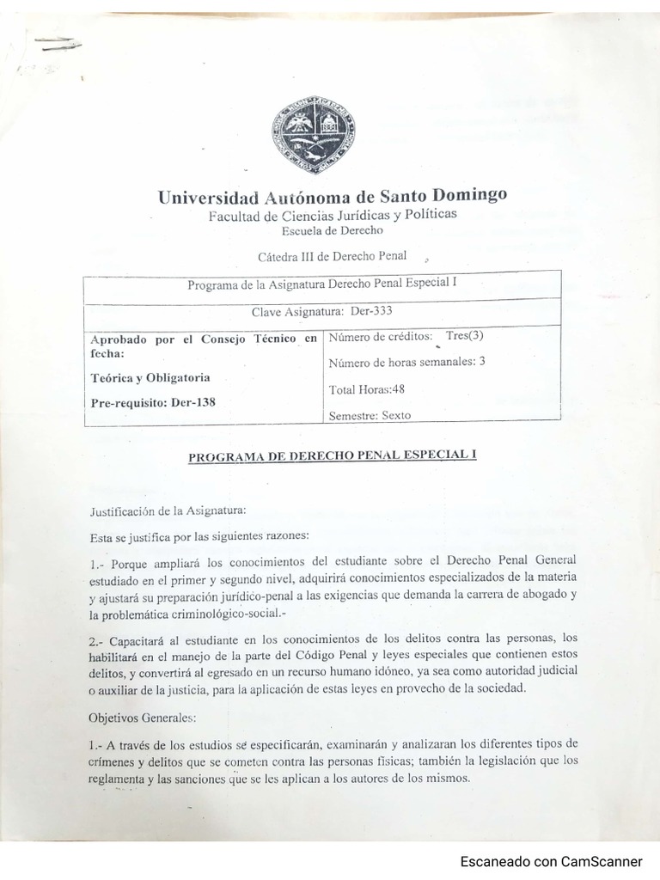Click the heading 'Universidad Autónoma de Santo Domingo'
coord(333,196)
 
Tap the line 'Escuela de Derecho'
coord(333,230)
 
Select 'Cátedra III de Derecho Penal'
coord(333,255)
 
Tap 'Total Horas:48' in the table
coord(367,389)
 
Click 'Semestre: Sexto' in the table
coord(370,415)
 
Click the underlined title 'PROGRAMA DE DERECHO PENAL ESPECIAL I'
coord(332,456)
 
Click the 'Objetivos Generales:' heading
coord(142,716)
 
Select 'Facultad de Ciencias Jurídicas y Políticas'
coord(333,215)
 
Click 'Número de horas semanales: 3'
coord(406,362)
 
